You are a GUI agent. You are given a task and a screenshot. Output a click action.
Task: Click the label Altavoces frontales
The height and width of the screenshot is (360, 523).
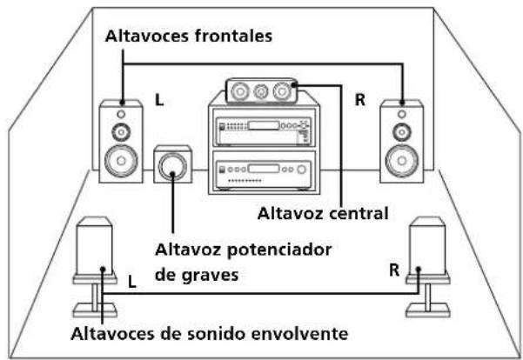[x=189, y=37]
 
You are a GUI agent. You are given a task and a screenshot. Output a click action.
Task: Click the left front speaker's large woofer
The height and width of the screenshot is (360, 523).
[x=121, y=161]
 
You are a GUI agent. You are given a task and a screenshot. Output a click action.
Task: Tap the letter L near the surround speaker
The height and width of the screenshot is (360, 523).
[x=131, y=283]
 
